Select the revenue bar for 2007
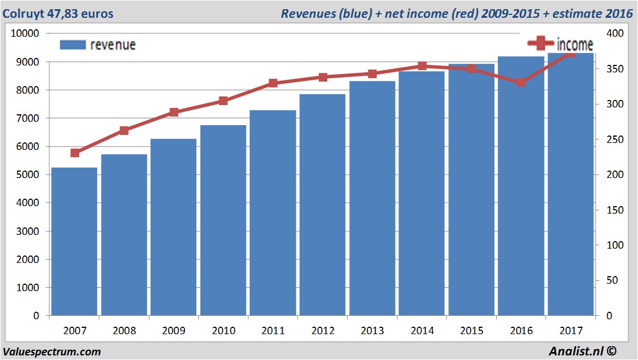[x=74, y=241]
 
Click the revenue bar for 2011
[x=273, y=212]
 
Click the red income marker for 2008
[x=124, y=131]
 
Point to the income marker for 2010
[x=223, y=101]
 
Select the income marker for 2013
[x=372, y=73]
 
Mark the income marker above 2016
[x=521, y=83]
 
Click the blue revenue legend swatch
[x=72, y=45]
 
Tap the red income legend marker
[x=540, y=44]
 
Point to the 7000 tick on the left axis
[x=27, y=118]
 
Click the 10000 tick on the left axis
[x=25, y=33]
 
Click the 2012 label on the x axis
[x=322, y=331]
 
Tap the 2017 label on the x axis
[x=570, y=331]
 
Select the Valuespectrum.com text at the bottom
[x=52, y=351]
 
